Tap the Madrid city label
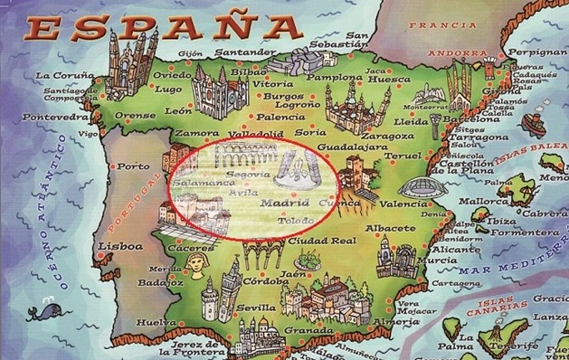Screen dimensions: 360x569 click(x=285, y=204)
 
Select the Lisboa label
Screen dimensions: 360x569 click(x=121, y=246)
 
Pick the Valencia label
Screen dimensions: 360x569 click(x=403, y=204)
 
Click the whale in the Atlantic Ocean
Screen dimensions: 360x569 click(x=42, y=312)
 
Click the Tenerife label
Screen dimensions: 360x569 click(x=519, y=345)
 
